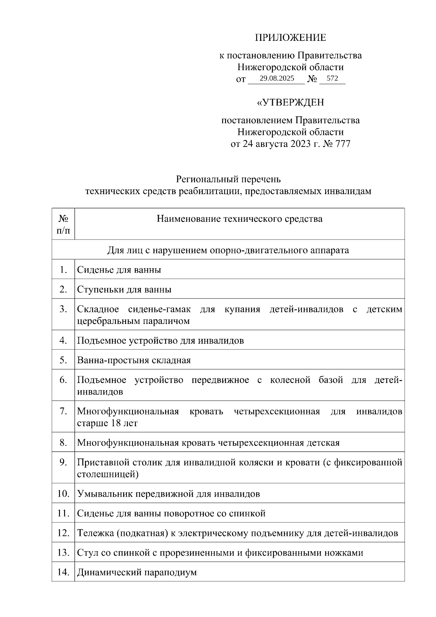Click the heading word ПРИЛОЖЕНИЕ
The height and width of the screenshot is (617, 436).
pyautogui.click(x=290, y=38)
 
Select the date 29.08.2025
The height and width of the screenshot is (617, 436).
pyautogui.click(x=277, y=79)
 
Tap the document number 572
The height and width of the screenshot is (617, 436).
pyautogui.click(x=332, y=79)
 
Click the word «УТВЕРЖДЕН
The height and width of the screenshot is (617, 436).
pyautogui.click(x=290, y=103)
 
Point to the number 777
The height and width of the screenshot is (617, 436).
pyautogui.click(x=343, y=144)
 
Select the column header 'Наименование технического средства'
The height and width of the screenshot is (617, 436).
pyautogui.click(x=239, y=219)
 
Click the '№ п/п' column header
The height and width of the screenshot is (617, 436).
pyautogui.click(x=63, y=224)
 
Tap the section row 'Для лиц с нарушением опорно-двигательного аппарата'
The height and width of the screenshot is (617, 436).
pyautogui.click(x=228, y=250)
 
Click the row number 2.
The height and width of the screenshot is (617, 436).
pyautogui.click(x=63, y=289)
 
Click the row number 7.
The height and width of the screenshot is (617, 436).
pyautogui.click(x=63, y=411)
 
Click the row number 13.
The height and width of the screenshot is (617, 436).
pyautogui.click(x=63, y=553)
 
